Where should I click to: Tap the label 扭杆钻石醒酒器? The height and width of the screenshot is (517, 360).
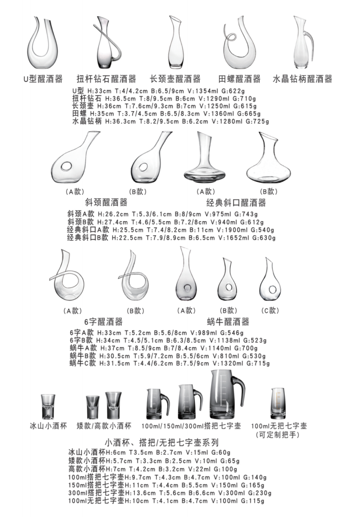(x=106, y=79)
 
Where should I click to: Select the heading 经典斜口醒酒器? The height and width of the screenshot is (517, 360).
(x=236, y=202)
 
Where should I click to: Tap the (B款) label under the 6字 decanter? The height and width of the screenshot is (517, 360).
(x=135, y=311)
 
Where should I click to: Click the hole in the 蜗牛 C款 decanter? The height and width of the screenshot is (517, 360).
(x=272, y=289)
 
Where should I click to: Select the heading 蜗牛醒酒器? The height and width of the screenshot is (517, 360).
(x=228, y=322)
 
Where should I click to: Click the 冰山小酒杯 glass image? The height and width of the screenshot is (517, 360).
(x=48, y=406)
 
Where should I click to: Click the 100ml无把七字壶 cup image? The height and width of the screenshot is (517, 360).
(x=278, y=403)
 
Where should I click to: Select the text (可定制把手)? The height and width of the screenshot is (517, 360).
(x=278, y=435)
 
